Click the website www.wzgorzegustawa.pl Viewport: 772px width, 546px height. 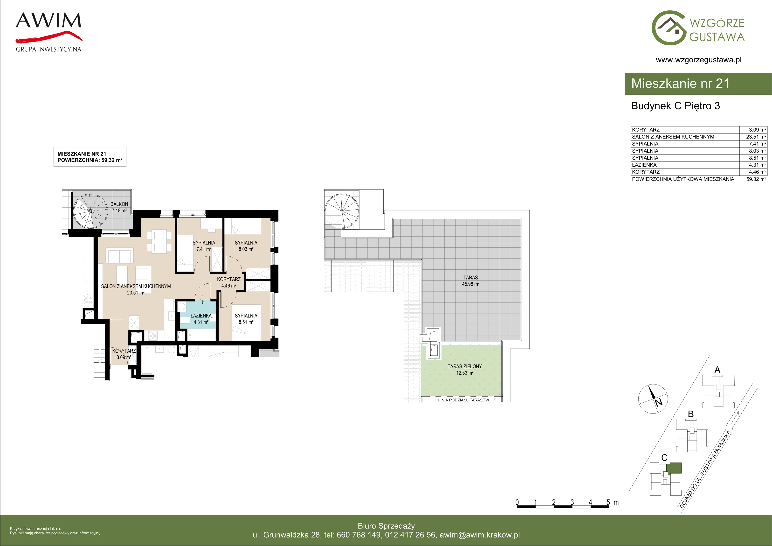(x=698, y=60)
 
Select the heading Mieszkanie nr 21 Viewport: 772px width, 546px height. (x=680, y=84)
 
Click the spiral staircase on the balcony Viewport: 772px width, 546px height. (x=90, y=210)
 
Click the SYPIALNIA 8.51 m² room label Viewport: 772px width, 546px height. (x=246, y=319)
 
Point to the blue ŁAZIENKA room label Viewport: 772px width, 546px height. (x=201, y=319)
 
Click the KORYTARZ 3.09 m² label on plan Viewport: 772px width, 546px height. (x=124, y=354)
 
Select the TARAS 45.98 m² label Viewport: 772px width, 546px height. (x=470, y=280)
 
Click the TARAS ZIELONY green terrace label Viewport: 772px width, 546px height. (x=465, y=369)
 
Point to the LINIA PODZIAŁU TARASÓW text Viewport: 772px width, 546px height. (x=463, y=400)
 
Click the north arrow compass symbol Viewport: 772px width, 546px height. (x=653, y=399)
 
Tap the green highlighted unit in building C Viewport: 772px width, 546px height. (x=674, y=468)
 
